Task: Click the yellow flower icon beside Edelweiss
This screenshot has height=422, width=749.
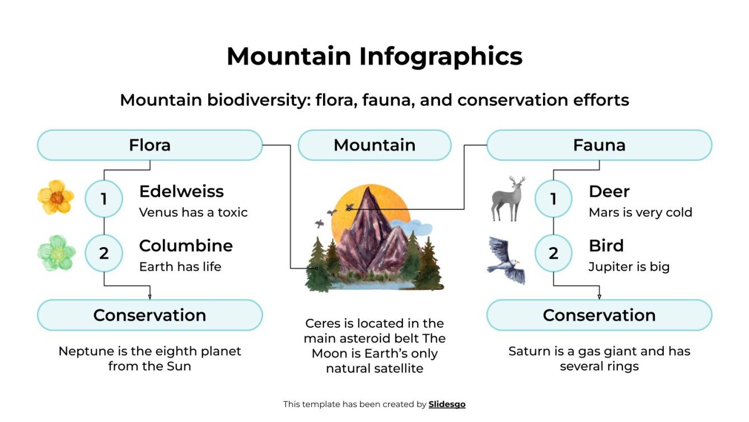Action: pos(55,197)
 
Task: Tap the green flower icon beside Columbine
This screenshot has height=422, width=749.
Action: pos(56,253)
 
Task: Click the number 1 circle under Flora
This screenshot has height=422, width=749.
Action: pos(104,199)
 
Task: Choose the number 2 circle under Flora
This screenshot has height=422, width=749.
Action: pos(104,253)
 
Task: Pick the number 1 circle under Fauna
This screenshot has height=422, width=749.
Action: pos(553,199)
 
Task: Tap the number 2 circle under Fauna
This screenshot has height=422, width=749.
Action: pos(553,253)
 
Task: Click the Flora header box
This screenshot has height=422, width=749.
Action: pos(149,146)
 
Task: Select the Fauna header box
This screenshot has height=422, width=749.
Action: pos(599,146)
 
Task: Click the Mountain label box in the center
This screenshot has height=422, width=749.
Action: pos(374,146)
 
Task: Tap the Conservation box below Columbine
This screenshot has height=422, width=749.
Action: pos(149,315)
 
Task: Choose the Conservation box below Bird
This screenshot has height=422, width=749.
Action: pos(599,315)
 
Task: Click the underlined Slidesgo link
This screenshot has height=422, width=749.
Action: pos(447,404)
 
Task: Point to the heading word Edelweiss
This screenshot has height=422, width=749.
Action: pos(181,192)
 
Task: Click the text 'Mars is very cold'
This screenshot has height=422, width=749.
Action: pos(640,213)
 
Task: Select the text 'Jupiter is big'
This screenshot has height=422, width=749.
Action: pos(629,267)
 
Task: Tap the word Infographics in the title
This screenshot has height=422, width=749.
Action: pos(441,57)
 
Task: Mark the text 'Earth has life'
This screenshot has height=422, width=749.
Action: pos(180,267)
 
